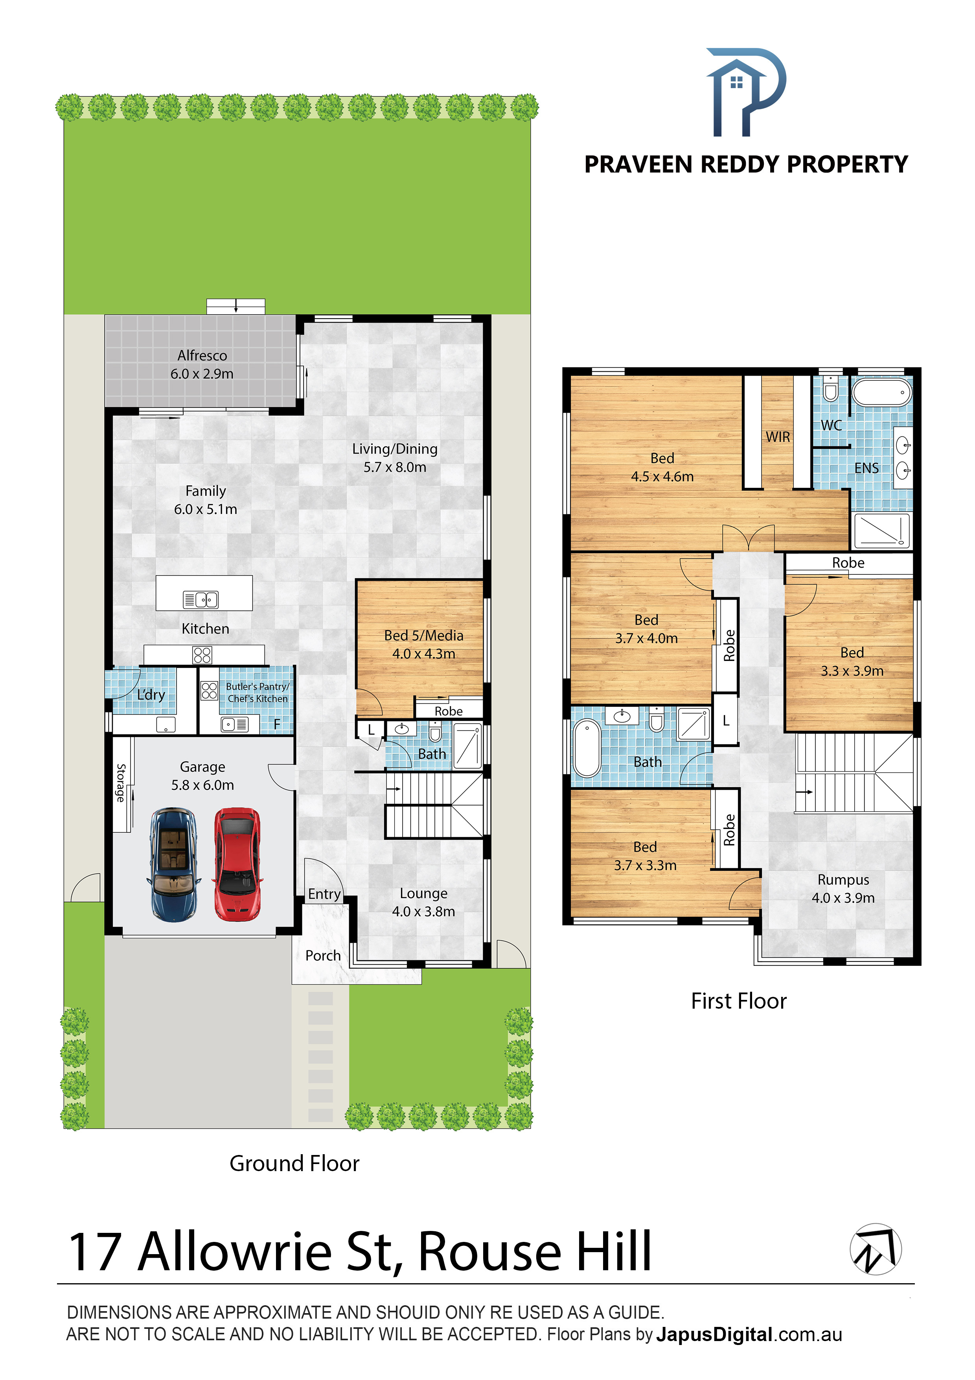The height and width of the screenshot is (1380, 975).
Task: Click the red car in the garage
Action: pyautogui.click(x=237, y=864)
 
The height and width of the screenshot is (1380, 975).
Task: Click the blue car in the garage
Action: pyautogui.click(x=174, y=864)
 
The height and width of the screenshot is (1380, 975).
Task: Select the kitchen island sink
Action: pyautogui.click(x=201, y=599)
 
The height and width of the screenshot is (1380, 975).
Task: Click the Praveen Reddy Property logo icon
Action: pyautogui.click(x=745, y=92)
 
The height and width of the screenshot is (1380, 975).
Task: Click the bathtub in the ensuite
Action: pyautogui.click(x=881, y=393)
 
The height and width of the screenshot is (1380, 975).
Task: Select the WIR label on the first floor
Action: pyautogui.click(x=778, y=437)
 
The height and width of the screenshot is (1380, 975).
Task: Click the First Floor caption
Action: pyautogui.click(x=739, y=1001)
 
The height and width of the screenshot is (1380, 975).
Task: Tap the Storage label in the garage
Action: pyautogui.click(x=121, y=782)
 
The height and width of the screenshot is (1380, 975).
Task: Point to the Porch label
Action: pyautogui.click(x=323, y=956)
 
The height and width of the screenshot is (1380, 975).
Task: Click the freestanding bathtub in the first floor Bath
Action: pyautogui.click(x=587, y=748)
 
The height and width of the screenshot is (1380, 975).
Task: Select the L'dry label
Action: pyautogui.click(x=151, y=695)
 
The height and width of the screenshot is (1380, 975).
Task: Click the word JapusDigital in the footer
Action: pyautogui.click(x=714, y=1334)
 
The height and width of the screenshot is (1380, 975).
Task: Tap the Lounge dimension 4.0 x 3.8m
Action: pyautogui.click(x=423, y=911)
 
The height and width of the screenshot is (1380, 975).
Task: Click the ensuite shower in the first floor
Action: pyautogui.click(x=881, y=531)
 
